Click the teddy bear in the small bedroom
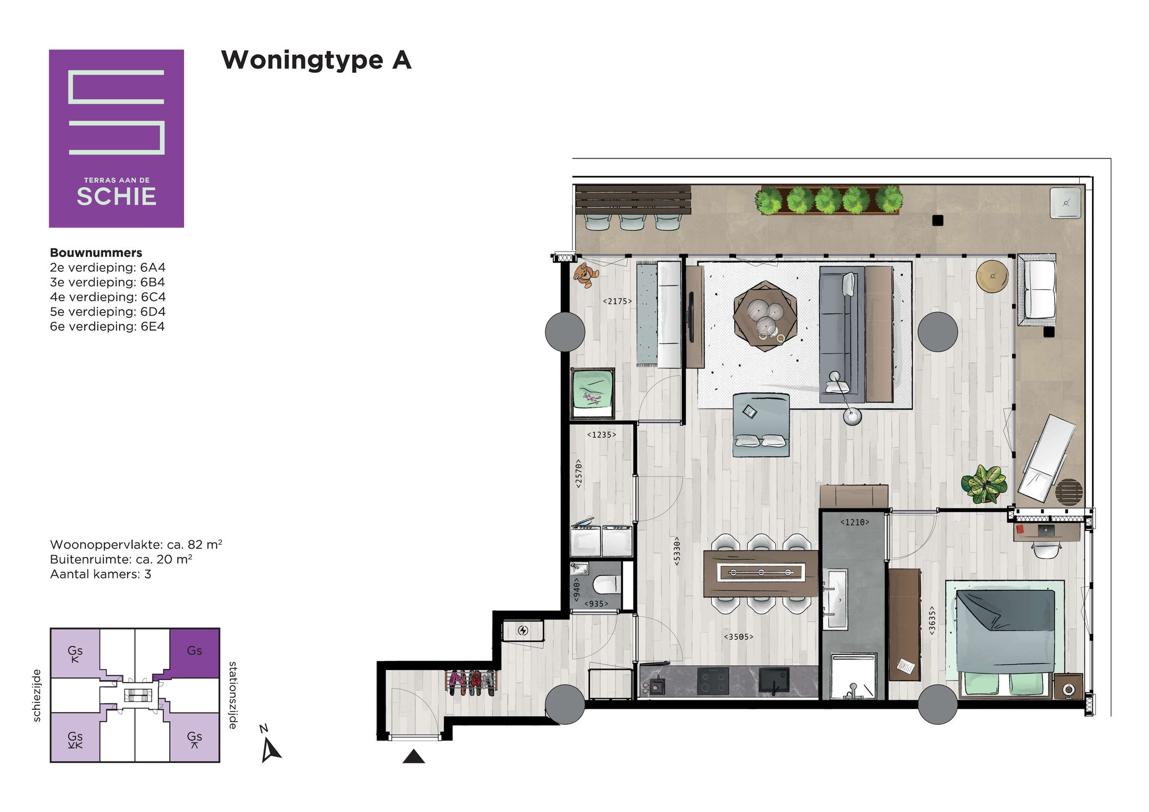[586, 275]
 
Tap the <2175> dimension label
[617, 301]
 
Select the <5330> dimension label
[677, 550]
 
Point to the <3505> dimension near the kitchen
[738, 637]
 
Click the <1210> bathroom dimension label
[854, 522]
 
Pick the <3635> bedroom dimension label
[932, 621]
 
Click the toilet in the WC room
[606, 583]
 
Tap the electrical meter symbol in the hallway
[523, 631]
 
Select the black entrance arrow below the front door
[413, 756]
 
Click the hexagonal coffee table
[764, 316]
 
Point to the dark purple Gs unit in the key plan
[194, 653]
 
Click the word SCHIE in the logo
[116, 197]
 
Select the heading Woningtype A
[316, 60]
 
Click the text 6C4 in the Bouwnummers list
[153, 297]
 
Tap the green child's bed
[593, 394]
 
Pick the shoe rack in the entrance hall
[471, 683]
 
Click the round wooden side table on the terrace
[992, 276]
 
